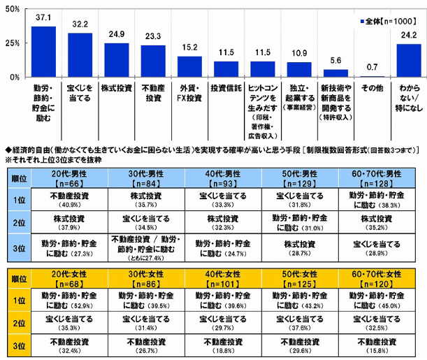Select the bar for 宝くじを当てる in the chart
pyautogui.click(x=80, y=55)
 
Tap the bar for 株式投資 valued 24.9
pyautogui.click(x=117, y=60)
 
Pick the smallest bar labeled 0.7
pyautogui.click(x=372, y=75)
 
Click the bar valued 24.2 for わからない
pyautogui.click(x=408, y=60)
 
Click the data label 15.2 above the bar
pyautogui.click(x=189, y=49)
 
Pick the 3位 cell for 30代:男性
pyautogui.click(x=145, y=247)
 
